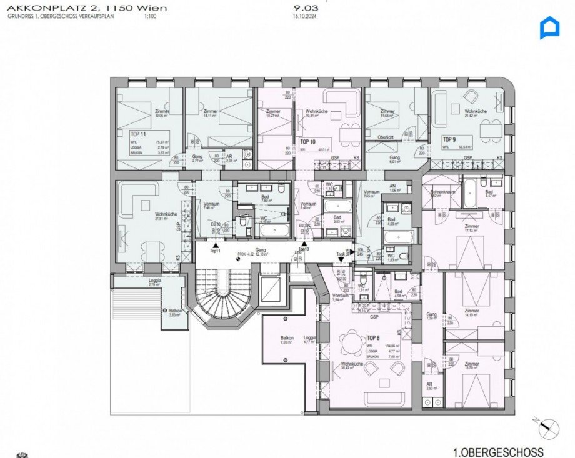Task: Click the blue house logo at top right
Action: point(549,28)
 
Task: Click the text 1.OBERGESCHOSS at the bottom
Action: point(498,452)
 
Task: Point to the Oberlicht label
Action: point(386,137)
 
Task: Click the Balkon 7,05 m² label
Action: point(287,341)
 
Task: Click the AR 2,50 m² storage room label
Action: point(429,386)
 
